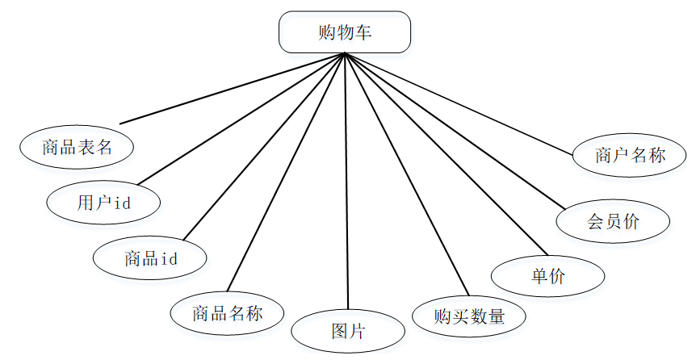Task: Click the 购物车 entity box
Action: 345,32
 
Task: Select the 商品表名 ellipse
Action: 77,147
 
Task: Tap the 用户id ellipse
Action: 103,203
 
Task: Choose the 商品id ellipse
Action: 150,258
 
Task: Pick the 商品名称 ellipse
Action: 227,312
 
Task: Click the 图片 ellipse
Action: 348,331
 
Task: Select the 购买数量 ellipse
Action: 468,316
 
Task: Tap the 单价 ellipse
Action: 548,276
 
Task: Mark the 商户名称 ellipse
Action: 630,155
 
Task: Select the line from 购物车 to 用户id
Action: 241,118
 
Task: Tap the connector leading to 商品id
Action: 264,146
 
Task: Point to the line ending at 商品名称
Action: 287,172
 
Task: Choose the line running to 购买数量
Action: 406,174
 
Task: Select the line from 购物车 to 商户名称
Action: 462,103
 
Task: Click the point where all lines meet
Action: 345,54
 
